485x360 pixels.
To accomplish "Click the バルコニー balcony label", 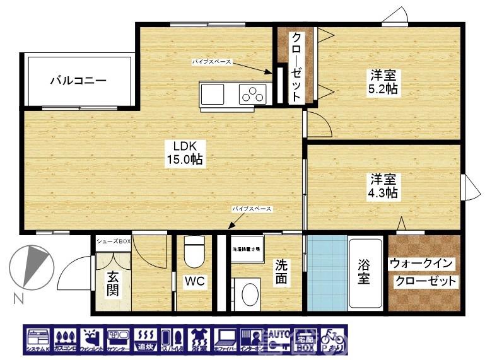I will point(78,81).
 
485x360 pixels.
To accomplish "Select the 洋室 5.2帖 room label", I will point(383,81).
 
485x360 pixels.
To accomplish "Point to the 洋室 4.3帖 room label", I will point(383,185).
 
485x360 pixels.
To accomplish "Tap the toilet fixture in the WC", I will point(194,252).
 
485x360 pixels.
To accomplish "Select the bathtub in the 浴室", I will point(366,272).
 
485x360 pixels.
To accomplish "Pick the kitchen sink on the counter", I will point(213,95).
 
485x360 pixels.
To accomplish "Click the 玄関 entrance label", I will point(112,284).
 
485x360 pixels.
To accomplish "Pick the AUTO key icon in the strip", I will point(278,340).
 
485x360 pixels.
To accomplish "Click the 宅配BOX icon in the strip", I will point(306,340).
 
